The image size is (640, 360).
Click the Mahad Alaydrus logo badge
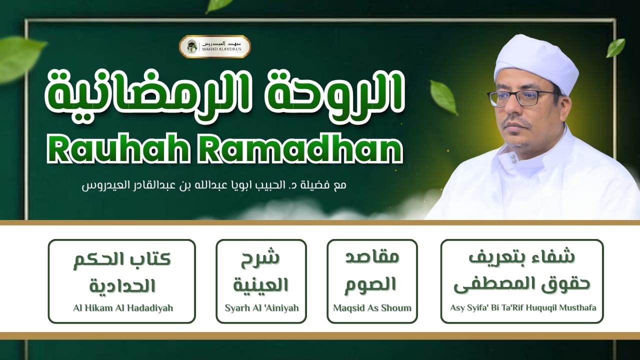tap(215, 46)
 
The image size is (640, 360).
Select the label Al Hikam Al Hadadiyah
tap(122, 307)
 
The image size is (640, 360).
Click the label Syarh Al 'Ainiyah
tap(261, 307)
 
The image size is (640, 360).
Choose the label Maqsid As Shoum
tap(372, 307)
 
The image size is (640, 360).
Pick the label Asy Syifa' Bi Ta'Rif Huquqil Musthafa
tap(521, 307)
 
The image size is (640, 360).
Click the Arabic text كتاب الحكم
tap(122, 260)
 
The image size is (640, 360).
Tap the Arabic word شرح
tap(260, 259)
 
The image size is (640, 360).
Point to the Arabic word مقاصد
tap(372, 258)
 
